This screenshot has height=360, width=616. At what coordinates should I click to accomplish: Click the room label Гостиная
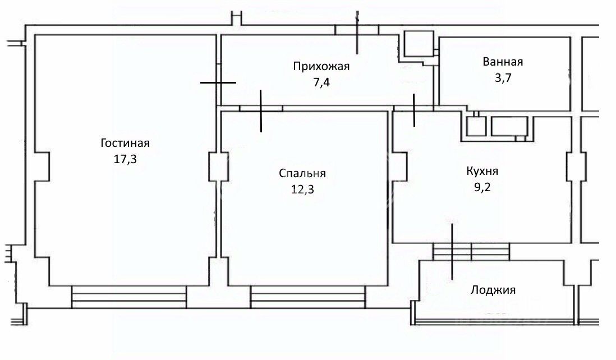pos(125,143)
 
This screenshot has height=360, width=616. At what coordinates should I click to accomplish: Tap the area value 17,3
pos(125,159)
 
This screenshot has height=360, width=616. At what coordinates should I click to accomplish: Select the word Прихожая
pos(321,66)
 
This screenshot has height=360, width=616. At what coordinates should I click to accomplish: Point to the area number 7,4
pos(321,83)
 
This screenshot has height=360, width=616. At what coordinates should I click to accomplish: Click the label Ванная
pos(503,62)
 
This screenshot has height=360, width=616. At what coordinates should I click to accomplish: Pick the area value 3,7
pos(503,78)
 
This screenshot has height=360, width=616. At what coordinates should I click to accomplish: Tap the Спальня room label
pos(302,173)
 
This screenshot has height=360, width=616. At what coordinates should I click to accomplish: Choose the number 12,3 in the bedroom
pos(302,190)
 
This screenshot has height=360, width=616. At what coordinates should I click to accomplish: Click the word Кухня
pos(482,171)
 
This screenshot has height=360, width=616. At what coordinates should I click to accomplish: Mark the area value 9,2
pos(482,187)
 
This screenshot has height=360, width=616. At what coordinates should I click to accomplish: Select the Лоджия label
pos(493,290)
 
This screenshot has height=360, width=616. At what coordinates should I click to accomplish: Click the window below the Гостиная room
pos(129,297)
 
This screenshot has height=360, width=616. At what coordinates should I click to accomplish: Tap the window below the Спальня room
pos(308,297)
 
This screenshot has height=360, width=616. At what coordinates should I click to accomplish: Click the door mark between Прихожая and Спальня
pos(261,110)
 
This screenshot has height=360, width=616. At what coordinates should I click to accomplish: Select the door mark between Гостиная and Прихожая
pos(218,82)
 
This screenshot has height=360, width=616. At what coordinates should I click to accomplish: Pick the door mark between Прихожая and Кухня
pos(413,110)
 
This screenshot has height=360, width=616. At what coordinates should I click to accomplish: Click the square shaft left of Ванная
pos(419,44)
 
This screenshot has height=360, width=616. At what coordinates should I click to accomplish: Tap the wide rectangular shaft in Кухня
pos(509,126)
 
